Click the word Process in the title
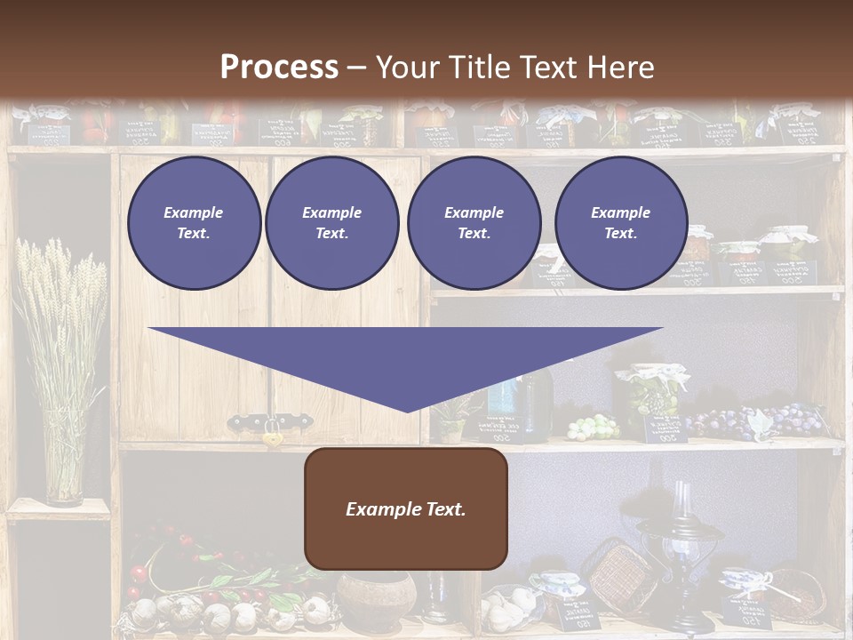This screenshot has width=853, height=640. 279,67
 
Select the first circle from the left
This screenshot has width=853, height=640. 194,223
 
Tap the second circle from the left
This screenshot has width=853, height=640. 331,223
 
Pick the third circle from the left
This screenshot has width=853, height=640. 474,223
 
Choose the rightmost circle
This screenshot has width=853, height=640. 620,223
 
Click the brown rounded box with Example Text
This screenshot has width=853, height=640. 406,508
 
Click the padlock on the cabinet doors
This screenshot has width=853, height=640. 272,436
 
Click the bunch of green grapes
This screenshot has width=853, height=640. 592,428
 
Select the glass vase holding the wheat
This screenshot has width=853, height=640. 64,471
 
